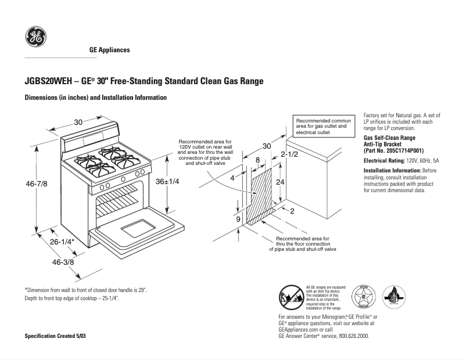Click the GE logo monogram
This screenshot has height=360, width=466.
[x=35, y=38]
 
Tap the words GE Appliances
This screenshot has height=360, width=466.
[x=109, y=50]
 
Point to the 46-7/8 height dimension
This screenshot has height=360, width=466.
[x=36, y=183]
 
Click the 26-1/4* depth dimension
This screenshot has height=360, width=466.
[x=61, y=241]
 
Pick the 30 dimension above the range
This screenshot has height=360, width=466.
[x=78, y=122]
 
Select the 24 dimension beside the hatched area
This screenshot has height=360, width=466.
[x=279, y=182]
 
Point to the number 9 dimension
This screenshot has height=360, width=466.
[x=238, y=219]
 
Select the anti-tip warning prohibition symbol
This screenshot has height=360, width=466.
[x=291, y=298]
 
